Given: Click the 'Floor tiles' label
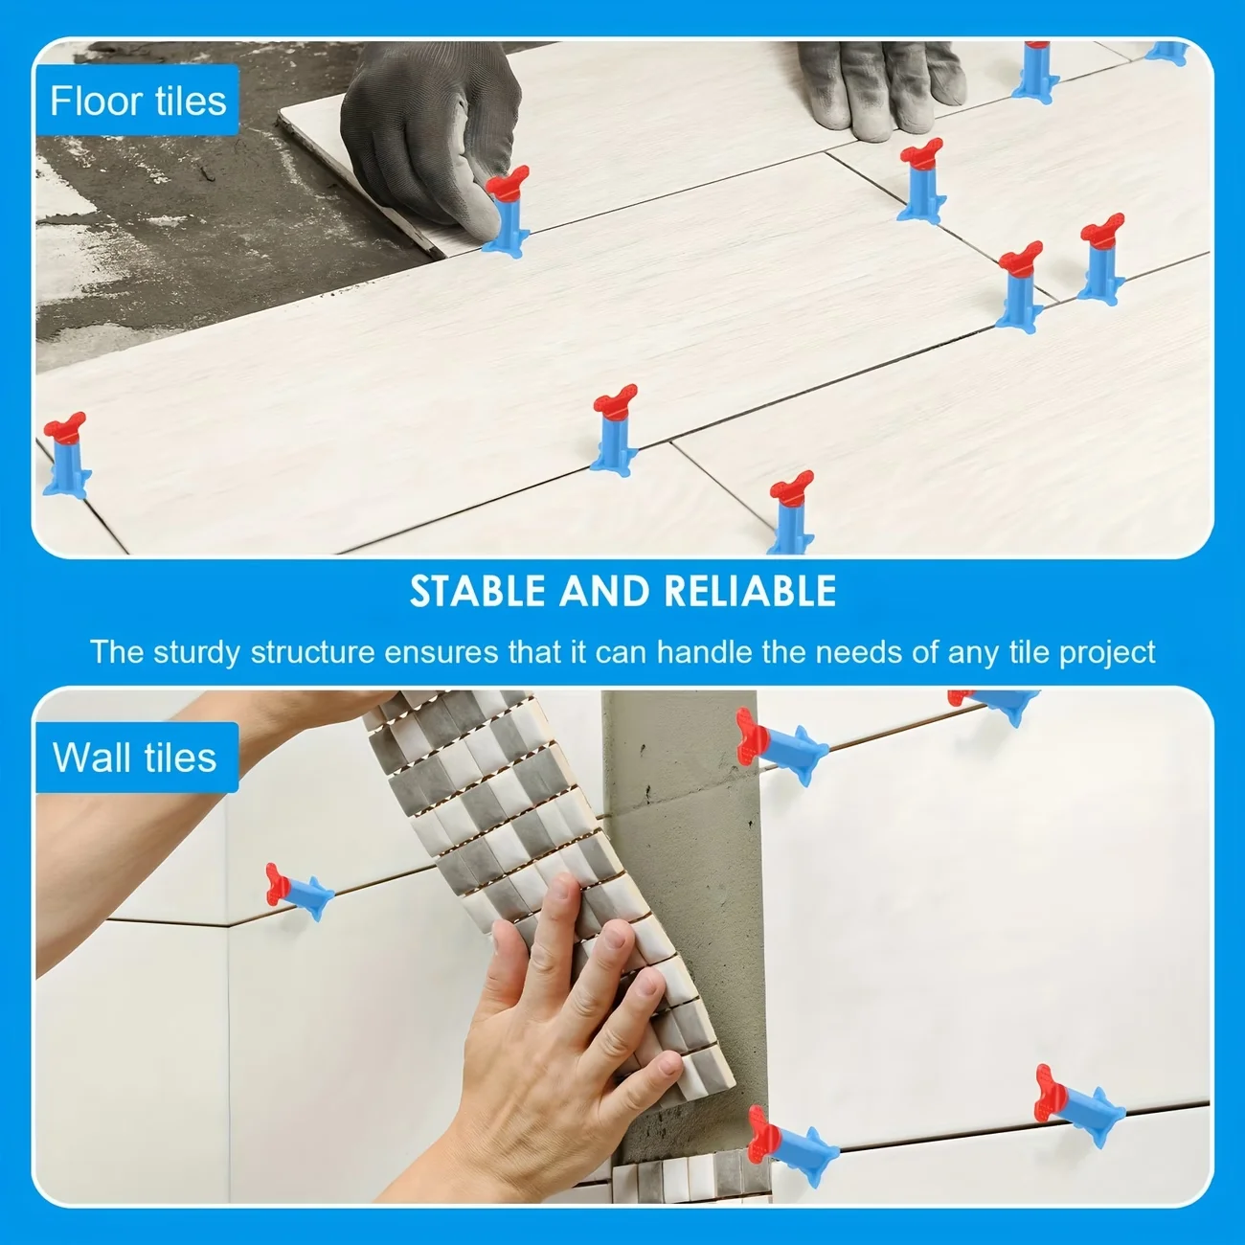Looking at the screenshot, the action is point(138,101).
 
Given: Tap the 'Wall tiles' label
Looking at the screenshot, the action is point(134,758).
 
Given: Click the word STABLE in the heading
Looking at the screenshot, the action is point(478,591).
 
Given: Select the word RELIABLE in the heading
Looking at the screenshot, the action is point(750,591).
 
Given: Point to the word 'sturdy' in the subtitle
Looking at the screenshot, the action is point(196,652).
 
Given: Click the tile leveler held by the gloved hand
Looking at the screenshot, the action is point(508,212).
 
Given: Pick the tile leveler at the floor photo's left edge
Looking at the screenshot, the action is point(66,456).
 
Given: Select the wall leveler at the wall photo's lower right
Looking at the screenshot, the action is point(1077,1106).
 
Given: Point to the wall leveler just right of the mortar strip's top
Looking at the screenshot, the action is point(781,746).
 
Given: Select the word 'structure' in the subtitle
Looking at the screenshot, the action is point(313,652).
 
